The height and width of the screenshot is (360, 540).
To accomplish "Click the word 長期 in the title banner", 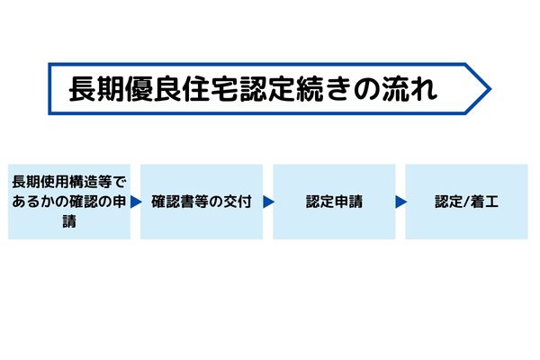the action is pyautogui.click(x=97, y=89).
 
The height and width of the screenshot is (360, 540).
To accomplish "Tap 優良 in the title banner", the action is pyautogui.click(x=154, y=89).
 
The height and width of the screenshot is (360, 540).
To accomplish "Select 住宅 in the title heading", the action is pyautogui.click(x=211, y=89).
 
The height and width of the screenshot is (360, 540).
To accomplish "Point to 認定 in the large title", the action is pyautogui.click(x=267, y=89).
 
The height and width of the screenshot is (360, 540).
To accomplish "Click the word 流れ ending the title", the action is pyautogui.click(x=409, y=89).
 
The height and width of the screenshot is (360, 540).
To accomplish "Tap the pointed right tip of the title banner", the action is pyautogui.click(x=490, y=89).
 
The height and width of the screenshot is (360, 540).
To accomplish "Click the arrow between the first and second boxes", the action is pyautogui.click(x=136, y=202).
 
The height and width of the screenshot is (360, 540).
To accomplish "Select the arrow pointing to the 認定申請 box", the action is pyautogui.click(x=268, y=202).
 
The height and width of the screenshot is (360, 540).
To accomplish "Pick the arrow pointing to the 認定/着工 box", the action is pyautogui.click(x=400, y=202).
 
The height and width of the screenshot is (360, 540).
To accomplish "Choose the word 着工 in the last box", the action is pyautogui.click(x=484, y=202).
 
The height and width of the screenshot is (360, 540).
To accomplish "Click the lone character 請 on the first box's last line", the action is pyautogui.click(x=69, y=221).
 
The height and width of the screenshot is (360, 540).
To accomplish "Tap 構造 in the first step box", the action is pyautogui.click(x=83, y=182).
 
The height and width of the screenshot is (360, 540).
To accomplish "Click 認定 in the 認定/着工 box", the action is pyautogui.click(x=449, y=202).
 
